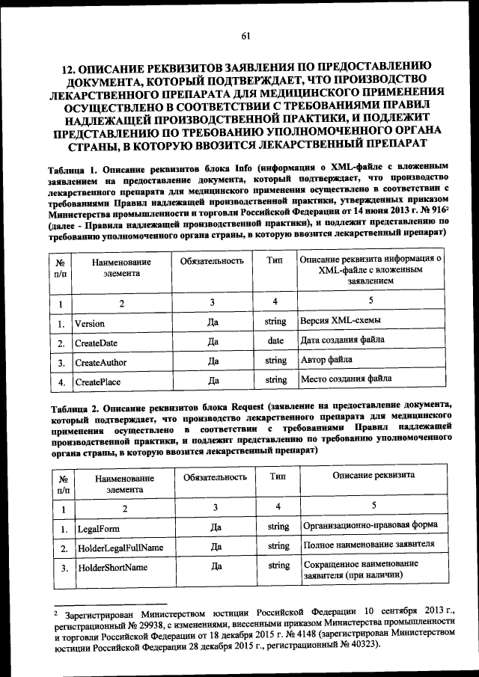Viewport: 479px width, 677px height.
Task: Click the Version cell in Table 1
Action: click(x=89, y=323)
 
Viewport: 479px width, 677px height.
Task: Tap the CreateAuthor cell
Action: click(x=100, y=362)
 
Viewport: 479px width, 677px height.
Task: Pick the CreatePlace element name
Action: click(x=97, y=382)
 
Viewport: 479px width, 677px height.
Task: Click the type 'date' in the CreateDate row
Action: click(x=275, y=340)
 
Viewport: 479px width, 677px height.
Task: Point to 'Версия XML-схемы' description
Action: click(x=340, y=321)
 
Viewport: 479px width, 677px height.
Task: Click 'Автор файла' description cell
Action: click(x=326, y=360)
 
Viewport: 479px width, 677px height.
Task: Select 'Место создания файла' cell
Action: click(x=346, y=379)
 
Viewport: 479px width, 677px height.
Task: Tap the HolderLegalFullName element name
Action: click(x=120, y=548)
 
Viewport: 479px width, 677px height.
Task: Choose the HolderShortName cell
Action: click(x=112, y=568)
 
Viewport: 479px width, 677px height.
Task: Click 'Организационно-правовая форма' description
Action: click(x=370, y=525)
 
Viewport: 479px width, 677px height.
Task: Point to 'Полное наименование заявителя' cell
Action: click(x=369, y=545)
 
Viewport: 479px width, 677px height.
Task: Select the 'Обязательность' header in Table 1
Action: click(x=213, y=261)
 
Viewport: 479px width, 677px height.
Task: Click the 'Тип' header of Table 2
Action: click(x=278, y=476)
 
